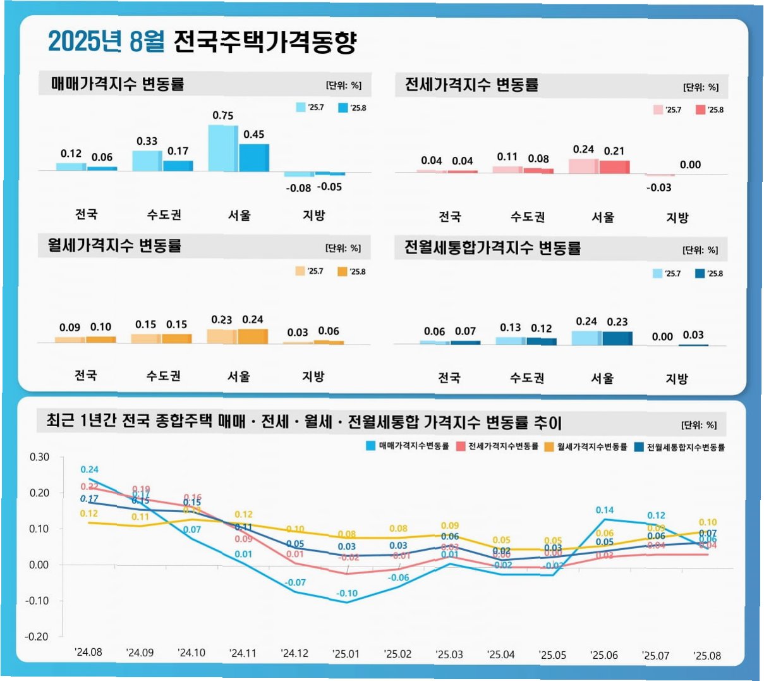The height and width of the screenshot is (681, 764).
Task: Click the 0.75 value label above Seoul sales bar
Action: pos(222,116)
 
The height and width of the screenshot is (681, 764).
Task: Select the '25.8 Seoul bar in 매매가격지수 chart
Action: pos(254,157)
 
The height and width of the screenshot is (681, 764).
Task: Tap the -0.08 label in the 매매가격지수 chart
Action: pos(298,188)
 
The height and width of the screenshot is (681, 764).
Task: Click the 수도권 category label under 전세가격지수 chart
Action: pos(528,217)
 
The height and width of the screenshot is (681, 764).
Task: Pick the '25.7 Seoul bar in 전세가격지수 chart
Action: pos(583,166)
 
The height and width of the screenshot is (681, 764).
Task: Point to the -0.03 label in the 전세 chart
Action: pos(658,188)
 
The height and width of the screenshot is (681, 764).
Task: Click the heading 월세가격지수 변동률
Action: pos(114,245)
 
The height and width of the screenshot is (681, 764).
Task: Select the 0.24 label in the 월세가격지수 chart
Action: pos(252,319)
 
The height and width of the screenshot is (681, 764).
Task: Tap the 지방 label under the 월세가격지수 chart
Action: pos(313,376)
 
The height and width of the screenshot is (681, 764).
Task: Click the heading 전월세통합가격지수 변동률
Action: pos(492,248)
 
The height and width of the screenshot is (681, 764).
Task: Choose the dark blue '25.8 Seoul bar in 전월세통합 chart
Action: pos(617,338)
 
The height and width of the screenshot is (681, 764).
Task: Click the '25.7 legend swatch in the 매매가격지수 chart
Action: pos(301,107)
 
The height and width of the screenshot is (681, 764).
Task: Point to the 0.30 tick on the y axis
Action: pos(39,457)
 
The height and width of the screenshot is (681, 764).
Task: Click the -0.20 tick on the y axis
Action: pos(37,637)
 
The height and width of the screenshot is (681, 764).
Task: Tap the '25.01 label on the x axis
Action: pos(346,654)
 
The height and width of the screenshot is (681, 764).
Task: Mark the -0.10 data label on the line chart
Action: pos(346,593)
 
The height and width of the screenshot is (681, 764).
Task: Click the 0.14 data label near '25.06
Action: pos(604,510)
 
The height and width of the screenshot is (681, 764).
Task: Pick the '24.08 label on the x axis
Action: pos(88,652)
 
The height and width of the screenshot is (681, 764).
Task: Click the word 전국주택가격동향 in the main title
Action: pos(265,42)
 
